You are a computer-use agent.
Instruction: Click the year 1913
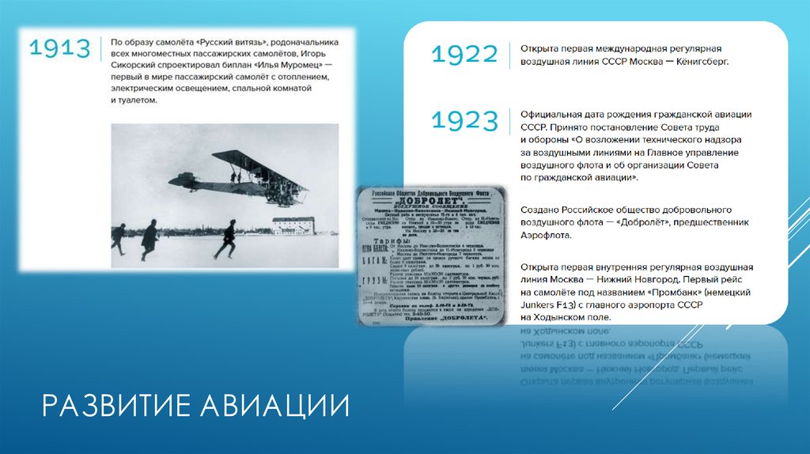click(x=60, y=47)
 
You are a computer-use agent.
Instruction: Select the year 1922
click(x=465, y=55)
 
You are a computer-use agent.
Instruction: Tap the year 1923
click(x=465, y=121)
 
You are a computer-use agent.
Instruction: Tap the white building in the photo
click(x=293, y=225)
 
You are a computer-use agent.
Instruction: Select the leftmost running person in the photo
click(x=119, y=237)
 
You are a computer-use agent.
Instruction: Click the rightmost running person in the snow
click(x=226, y=239)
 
